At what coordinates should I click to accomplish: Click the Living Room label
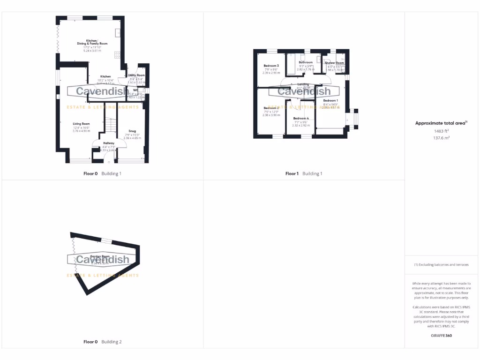click(x=77, y=124)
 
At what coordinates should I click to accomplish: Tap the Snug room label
click(x=132, y=131)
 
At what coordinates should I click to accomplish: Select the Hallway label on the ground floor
click(x=109, y=143)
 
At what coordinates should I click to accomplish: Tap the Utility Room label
click(x=136, y=75)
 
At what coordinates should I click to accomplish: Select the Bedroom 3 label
click(x=271, y=66)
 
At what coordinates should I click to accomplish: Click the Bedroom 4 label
click(x=301, y=119)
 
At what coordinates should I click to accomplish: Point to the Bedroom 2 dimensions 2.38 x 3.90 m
click(x=271, y=115)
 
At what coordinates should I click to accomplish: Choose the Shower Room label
click(x=334, y=63)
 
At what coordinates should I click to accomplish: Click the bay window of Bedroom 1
click(x=354, y=119)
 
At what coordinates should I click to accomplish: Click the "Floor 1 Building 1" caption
click(x=304, y=173)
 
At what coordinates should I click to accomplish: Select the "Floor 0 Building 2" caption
click(x=102, y=342)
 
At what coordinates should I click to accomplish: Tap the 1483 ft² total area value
click(x=440, y=131)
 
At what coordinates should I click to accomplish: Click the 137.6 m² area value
click(x=440, y=138)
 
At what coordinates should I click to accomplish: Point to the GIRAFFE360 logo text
click(x=441, y=336)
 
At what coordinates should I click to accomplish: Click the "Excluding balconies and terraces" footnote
click(x=441, y=265)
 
